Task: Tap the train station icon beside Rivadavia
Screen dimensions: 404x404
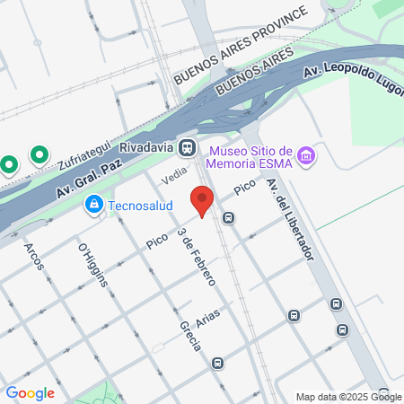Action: coord(188,146)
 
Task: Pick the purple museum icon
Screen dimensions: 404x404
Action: coord(306,156)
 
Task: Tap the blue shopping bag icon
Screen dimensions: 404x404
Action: coord(92,206)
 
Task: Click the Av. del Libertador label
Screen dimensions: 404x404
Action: coord(289,218)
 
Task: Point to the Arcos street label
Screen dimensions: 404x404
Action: coord(34,259)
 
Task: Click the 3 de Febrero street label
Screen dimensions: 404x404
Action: coord(197,257)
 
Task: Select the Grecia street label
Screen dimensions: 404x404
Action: coord(189,337)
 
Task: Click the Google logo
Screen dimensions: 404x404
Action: coord(30,392)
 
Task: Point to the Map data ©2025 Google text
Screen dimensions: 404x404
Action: coord(349,397)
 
